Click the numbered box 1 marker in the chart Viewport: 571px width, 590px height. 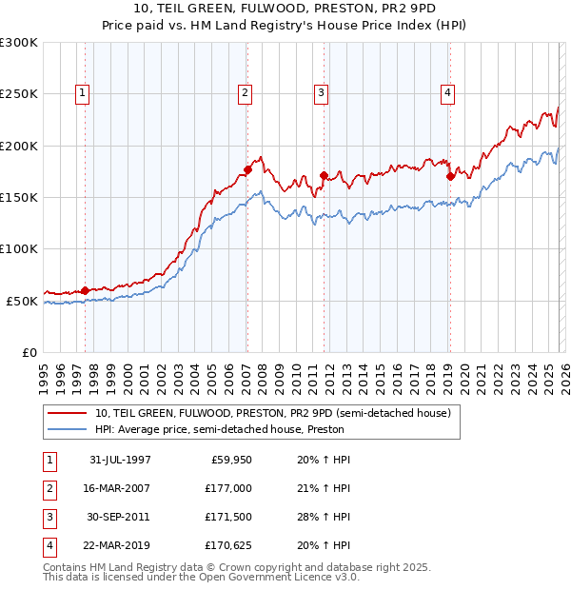pyautogui.click(x=84, y=93)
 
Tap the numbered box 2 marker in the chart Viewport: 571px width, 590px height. pyautogui.click(x=246, y=93)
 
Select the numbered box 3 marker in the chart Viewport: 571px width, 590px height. pyautogui.click(x=322, y=93)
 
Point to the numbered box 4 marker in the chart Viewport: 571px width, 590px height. pyautogui.click(x=447, y=93)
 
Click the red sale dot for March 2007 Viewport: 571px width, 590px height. pyautogui.click(x=247, y=169)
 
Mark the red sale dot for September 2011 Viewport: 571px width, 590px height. pyautogui.click(x=324, y=175)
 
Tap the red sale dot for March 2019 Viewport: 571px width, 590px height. pyautogui.click(x=449, y=176)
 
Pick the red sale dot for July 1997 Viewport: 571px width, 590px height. pyautogui.click(x=86, y=290)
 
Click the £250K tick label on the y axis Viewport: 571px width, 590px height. pyautogui.click(x=19, y=94)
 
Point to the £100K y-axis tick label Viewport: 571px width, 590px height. pyautogui.click(x=19, y=248)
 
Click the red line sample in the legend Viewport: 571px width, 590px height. pyautogui.click(x=67, y=413)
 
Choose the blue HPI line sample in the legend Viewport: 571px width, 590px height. pyautogui.click(x=67, y=429)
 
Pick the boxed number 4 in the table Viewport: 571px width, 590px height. pyautogui.click(x=49, y=545)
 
